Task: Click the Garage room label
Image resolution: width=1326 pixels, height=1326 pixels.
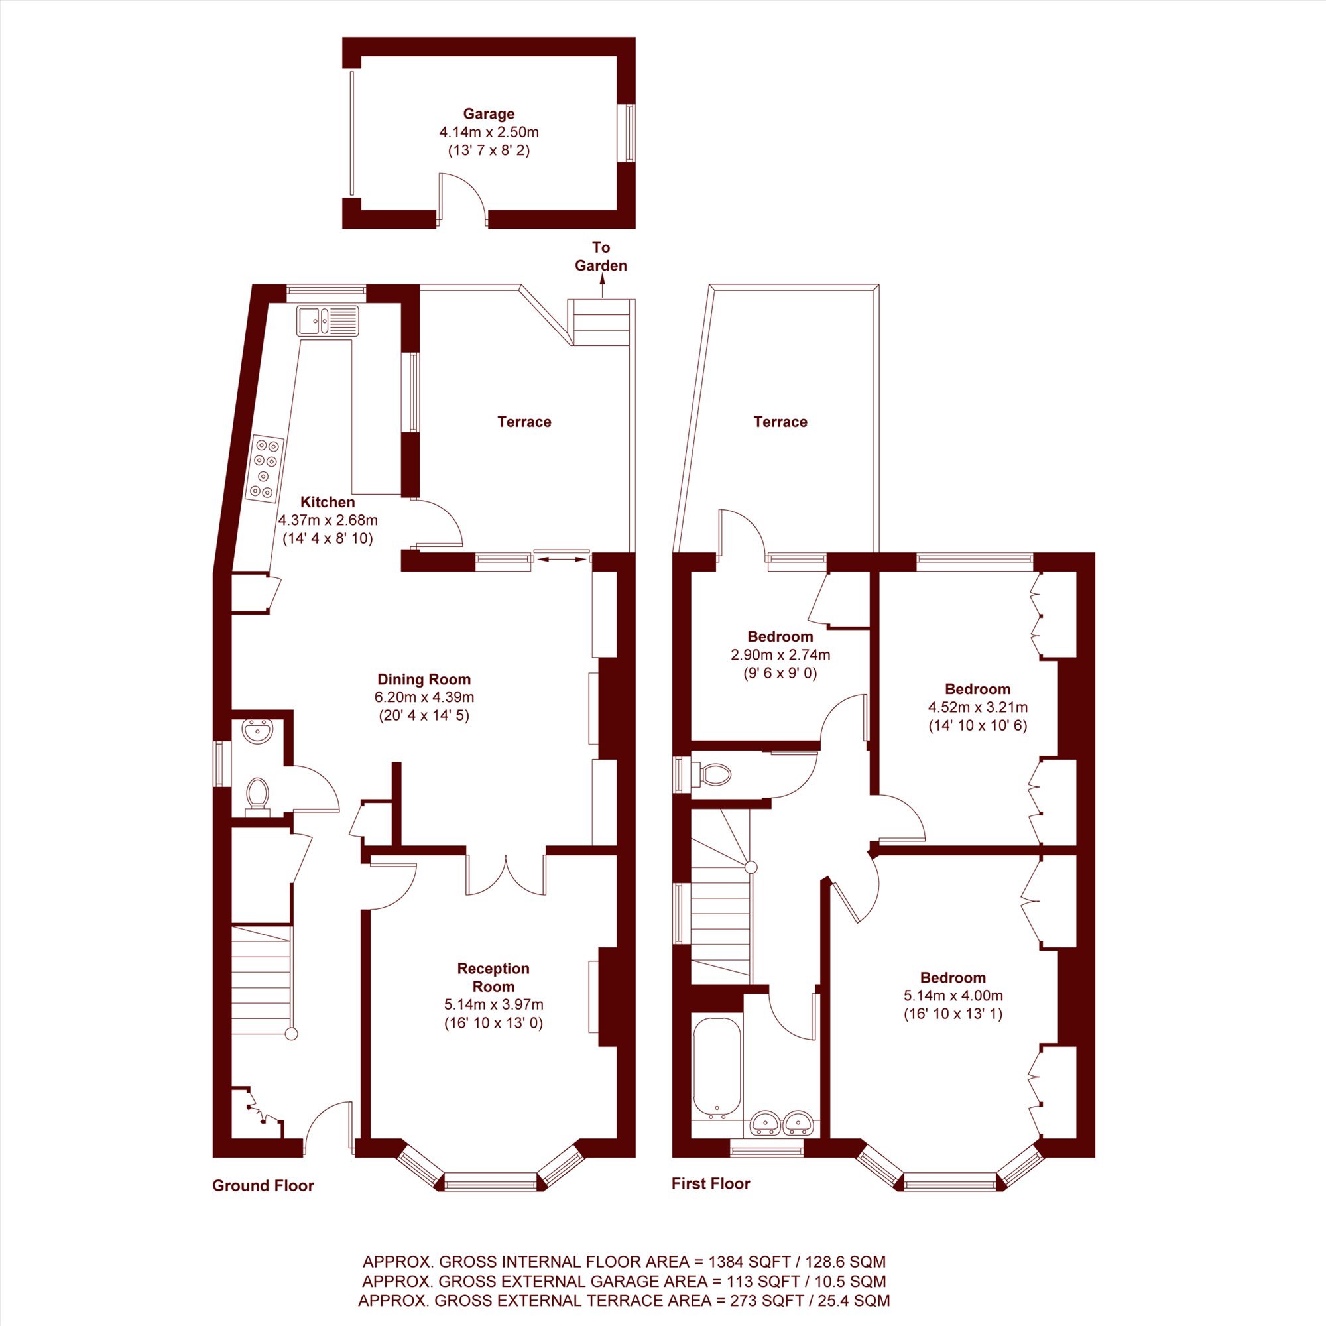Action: [x=489, y=114]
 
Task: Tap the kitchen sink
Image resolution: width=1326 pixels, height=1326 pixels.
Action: [x=328, y=320]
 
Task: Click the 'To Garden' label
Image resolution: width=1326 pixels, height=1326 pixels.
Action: [x=601, y=256]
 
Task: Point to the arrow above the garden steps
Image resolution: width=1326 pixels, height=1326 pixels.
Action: [x=601, y=287]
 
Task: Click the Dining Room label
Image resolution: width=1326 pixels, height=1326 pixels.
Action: [x=424, y=679]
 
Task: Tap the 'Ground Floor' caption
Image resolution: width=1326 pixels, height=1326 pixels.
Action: [x=263, y=1185]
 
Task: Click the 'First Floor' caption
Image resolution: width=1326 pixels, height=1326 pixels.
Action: [x=711, y=1183]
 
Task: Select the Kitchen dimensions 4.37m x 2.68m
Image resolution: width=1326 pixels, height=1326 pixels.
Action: [x=328, y=520]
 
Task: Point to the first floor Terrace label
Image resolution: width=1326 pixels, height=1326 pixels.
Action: [x=780, y=422]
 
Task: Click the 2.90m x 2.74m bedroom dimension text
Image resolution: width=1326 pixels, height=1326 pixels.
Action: [x=780, y=655]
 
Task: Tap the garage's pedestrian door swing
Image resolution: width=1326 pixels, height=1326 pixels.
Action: [x=464, y=199]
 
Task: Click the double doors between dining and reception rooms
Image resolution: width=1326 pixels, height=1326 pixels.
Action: [x=506, y=874]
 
